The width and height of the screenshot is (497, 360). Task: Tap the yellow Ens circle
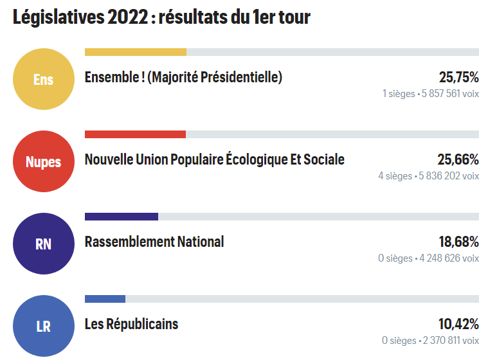click(x=44, y=80)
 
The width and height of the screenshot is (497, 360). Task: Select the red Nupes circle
click(x=44, y=161)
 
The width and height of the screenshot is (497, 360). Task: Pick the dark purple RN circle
click(x=44, y=244)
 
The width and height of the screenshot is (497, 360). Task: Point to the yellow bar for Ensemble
click(x=136, y=52)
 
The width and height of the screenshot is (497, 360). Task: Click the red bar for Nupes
click(x=135, y=134)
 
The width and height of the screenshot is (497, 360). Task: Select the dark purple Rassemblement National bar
click(x=122, y=217)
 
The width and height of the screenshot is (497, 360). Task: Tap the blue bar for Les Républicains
click(x=105, y=299)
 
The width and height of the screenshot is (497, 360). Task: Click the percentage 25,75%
click(x=458, y=78)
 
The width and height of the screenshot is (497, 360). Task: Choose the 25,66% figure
click(x=458, y=160)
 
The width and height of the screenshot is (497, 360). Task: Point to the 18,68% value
click(x=458, y=242)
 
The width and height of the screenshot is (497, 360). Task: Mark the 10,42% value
click(x=458, y=324)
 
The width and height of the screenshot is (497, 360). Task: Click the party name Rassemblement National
click(x=154, y=242)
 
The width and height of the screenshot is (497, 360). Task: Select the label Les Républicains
click(x=131, y=324)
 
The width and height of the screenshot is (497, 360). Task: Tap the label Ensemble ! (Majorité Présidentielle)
click(x=183, y=78)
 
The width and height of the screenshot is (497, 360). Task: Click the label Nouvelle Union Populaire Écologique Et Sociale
click(x=215, y=160)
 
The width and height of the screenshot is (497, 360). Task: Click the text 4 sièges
click(x=395, y=175)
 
